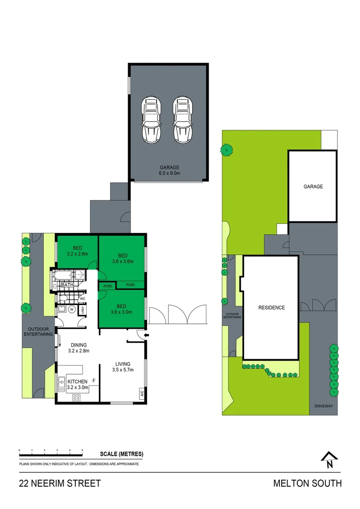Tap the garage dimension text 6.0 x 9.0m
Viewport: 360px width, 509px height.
(169, 173)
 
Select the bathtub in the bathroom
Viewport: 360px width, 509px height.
(64, 275)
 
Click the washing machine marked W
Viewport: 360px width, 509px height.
(72, 310)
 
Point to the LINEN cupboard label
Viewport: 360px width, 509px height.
(82, 310)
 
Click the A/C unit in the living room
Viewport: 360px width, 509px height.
(141, 392)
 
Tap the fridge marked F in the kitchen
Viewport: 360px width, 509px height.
(94, 380)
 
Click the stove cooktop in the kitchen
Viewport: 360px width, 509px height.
(76, 397)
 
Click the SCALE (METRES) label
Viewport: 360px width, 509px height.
(122, 454)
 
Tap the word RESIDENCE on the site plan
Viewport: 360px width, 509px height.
(271, 308)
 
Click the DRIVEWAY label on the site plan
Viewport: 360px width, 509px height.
(324, 406)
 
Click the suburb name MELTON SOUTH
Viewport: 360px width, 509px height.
(307, 483)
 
